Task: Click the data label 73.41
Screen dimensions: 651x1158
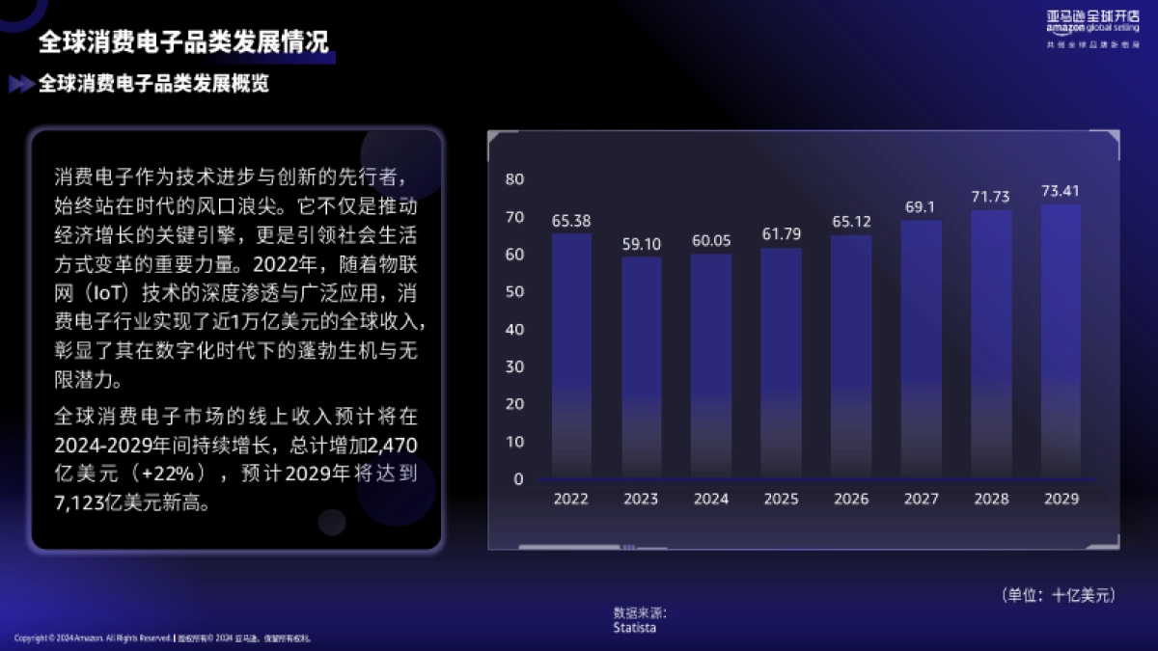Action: pyautogui.click(x=1061, y=191)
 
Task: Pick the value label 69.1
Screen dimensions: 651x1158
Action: pyautogui.click(x=921, y=207)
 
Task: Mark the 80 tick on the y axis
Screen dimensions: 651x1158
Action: pyautogui.click(x=514, y=179)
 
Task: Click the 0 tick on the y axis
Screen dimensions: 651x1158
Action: pyautogui.click(x=518, y=479)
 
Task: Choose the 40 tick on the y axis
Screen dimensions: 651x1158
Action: pyautogui.click(x=514, y=329)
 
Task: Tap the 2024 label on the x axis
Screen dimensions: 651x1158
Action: pyautogui.click(x=711, y=500)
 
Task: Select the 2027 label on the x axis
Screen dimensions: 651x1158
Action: pyautogui.click(x=921, y=500)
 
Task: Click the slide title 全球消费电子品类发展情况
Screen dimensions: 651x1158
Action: pyautogui.click(x=183, y=42)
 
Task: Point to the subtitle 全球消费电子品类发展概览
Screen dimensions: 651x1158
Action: pyautogui.click(x=153, y=84)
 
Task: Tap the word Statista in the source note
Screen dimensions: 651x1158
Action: pyautogui.click(x=634, y=628)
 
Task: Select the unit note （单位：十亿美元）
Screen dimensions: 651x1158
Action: pyautogui.click(x=1059, y=595)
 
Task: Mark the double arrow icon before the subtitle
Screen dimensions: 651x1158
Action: pyautogui.click(x=21, y=85)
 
